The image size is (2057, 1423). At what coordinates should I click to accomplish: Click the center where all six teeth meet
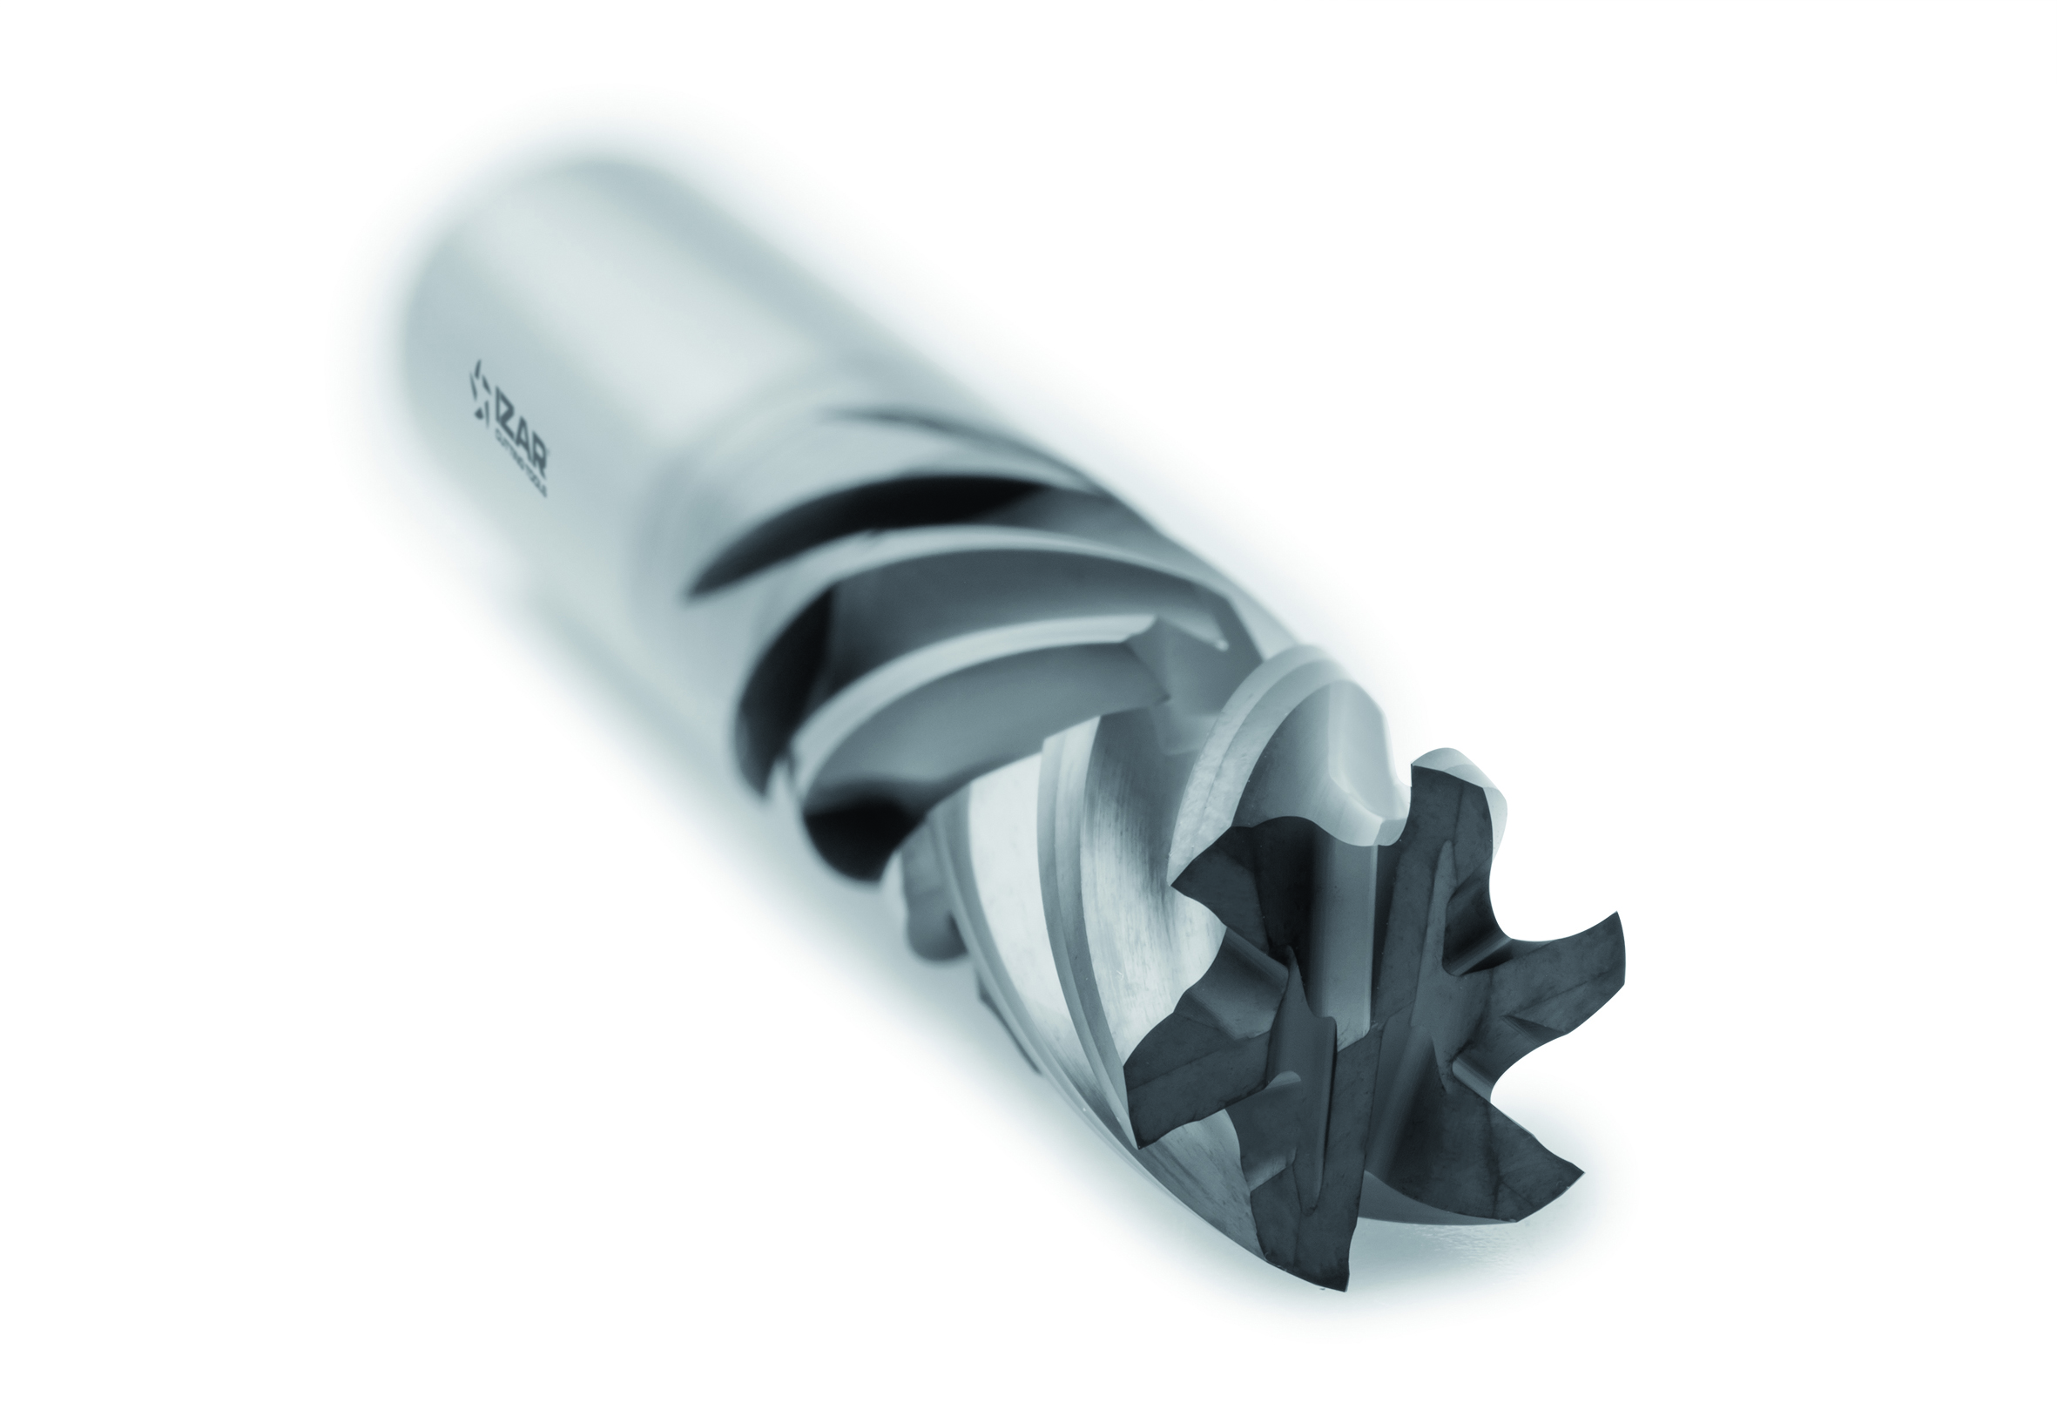point(1364,1016)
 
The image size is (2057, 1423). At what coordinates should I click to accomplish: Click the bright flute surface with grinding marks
point(1096,892)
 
